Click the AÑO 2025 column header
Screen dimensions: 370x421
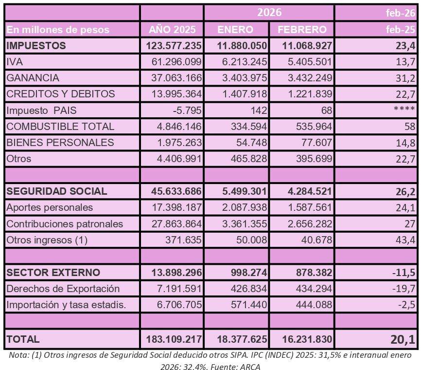172,30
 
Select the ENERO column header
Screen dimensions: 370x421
235,30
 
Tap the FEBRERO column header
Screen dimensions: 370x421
301,30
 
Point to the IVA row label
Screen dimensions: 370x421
15,62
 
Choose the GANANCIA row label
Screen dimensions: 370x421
33,78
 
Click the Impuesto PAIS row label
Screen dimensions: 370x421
41,111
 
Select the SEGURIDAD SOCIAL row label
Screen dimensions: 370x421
56,191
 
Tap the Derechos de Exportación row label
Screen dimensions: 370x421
63,288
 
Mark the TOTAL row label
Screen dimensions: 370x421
23,339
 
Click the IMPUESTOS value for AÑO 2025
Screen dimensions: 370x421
174,46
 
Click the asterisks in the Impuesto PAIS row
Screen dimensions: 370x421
404,110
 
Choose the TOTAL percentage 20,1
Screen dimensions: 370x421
402,338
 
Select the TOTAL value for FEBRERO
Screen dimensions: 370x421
306,339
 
